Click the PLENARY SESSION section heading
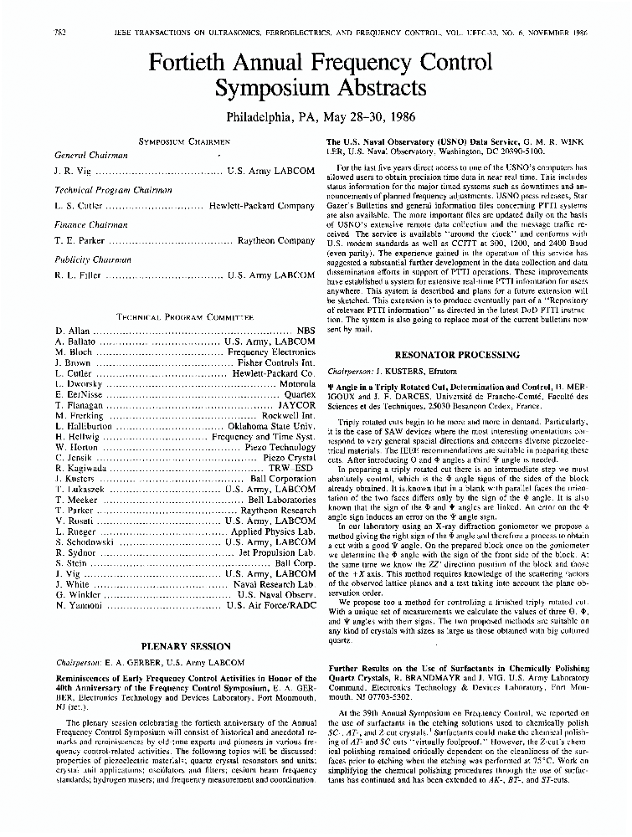pyautogui.click(x=186, y=646)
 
